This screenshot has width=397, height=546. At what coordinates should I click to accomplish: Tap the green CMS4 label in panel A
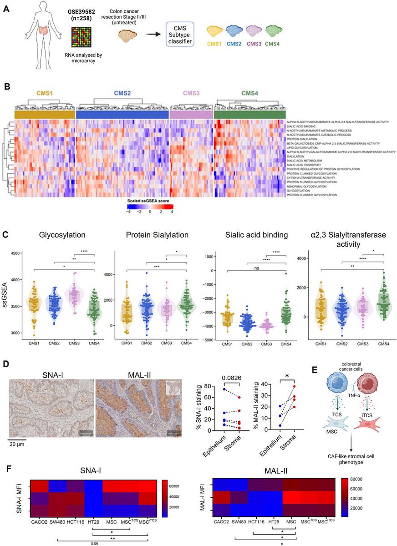[273, 44]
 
